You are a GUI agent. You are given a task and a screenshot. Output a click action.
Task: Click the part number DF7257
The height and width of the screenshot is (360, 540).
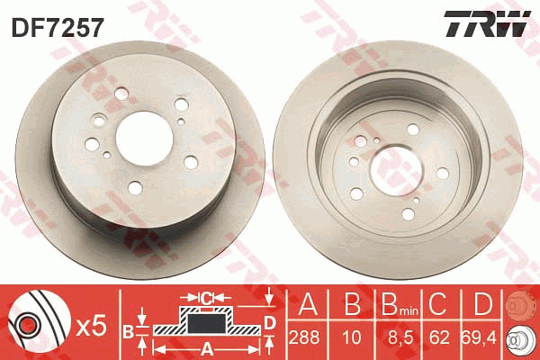(x=58, y=28)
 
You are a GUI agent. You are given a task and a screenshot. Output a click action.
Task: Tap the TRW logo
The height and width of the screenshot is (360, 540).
(x=487, y=24)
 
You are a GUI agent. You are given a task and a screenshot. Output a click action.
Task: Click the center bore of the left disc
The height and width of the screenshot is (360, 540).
(x=144, y=139)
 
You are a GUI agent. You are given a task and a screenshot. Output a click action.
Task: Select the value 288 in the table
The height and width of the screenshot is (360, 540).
(x=304, y=337)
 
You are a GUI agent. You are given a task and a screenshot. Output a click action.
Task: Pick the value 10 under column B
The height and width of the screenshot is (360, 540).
(x=351, y=337)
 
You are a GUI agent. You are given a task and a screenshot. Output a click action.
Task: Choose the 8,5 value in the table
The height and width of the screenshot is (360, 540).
(x=400, y=337)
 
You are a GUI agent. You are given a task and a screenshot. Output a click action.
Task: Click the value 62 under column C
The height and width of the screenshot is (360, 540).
(x=439, y=337)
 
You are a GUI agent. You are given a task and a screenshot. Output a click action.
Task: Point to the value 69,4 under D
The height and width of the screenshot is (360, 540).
(x=479, y=337)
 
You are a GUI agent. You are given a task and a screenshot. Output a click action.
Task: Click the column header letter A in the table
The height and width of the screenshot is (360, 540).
(x=308, y=304)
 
